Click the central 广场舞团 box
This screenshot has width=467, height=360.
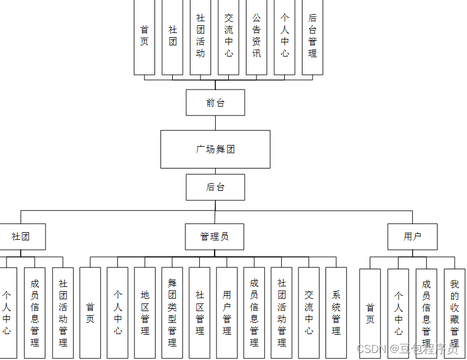pos(215,149)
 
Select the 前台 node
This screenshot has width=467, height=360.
pos(215,103)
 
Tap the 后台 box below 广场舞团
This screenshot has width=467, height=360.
pos(215,187)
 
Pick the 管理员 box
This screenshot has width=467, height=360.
pos(215,236)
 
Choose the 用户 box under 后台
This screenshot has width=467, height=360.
pos(412,236)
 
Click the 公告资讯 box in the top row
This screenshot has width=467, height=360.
pos(256,37)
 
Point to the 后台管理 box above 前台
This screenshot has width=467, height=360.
pos(313,37)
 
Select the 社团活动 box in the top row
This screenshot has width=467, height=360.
pos(200,37)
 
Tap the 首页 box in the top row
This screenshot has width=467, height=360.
pos(144,37)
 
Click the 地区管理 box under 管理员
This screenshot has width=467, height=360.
pos(145,312)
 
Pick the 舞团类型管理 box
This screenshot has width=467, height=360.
pos(172,312)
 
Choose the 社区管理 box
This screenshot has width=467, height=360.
pos(200,312)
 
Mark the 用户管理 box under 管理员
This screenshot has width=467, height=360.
pos(227,312)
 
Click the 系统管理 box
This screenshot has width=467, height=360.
pos(336,312)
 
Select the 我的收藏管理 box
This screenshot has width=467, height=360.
pos(455,313)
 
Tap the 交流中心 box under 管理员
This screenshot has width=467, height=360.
pos(309,312)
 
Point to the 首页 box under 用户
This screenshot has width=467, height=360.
pos(370,313)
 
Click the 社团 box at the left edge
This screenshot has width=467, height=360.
pos(21,236)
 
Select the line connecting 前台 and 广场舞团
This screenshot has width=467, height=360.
pos(215,123)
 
